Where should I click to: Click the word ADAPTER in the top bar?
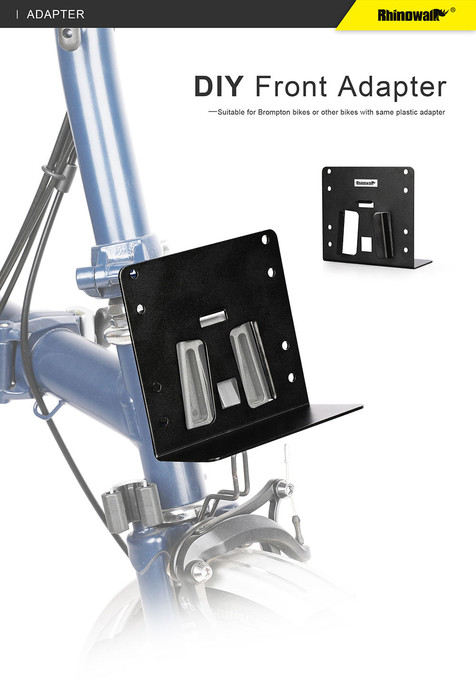coord(56,14)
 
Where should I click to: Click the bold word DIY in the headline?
coord(218,86)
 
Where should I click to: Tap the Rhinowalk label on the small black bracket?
coord(366,183)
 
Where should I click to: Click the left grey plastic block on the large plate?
coord(194,384)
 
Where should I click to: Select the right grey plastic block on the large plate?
coord(248,365)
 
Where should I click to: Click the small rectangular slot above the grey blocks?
coord(213,318)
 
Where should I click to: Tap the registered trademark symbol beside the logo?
coord(452,10)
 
